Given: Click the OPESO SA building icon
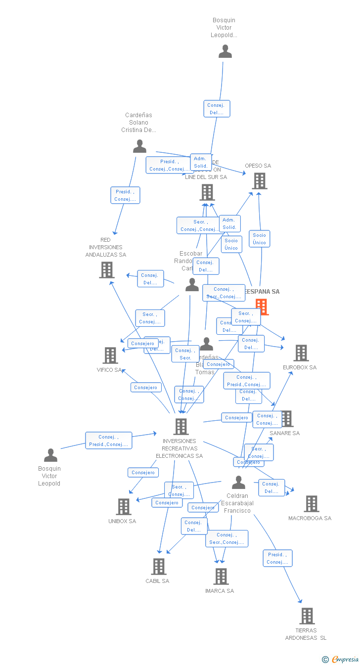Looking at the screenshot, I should [259, 181].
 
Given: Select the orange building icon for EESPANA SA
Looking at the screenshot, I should [261, 307].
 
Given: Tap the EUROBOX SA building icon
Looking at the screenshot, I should [301, 353].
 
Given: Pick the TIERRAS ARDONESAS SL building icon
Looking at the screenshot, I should [307, 616].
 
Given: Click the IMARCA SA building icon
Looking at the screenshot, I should [221, 576].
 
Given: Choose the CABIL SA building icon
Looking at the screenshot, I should [158, 567].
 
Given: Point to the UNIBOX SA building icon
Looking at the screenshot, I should [123, 507].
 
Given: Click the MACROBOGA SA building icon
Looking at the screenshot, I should [311, 504].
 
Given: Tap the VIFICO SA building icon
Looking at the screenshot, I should [110, 355].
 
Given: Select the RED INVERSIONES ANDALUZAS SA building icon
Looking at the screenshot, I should [106, 270].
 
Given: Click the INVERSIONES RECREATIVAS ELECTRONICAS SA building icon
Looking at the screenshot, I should [181, 426].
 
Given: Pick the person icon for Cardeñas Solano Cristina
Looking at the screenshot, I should [140, 146].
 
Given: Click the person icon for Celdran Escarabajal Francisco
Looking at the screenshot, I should [238, 482].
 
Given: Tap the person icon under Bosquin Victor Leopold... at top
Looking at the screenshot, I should [225, 51].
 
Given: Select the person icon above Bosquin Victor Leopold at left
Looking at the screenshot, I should [50, 455].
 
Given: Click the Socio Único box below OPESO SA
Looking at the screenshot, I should [259, 239].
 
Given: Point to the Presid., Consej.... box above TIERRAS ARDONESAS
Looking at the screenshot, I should [277, 558].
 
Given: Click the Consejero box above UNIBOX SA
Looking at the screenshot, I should [143, 473].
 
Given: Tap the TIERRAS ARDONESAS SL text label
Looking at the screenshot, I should [306, 634].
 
